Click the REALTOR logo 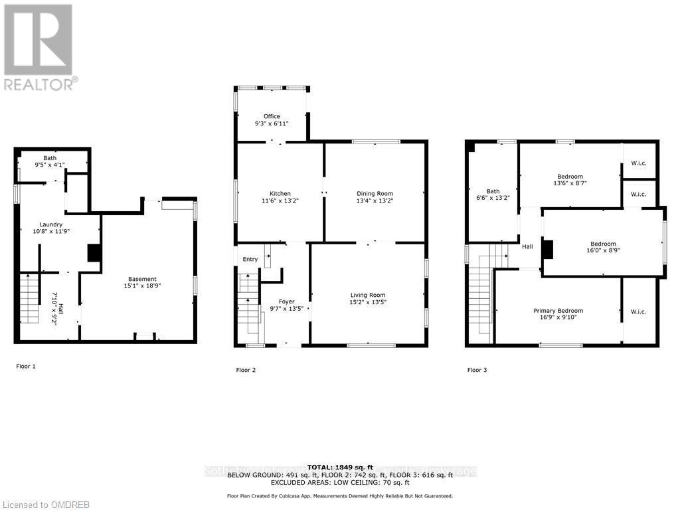(39, 46)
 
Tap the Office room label (272, 117)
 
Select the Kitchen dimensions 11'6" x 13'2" (280, 201)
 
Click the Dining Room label (375, 193)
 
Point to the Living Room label (368, 295)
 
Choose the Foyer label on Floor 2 (286, 301)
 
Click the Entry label (250, 259)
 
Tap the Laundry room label (50, 224)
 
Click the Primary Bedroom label (558, 311)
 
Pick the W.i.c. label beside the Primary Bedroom (639, 311)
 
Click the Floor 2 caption (246, 370)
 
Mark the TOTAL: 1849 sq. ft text (340, 467)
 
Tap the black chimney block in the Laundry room (95, 253)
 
